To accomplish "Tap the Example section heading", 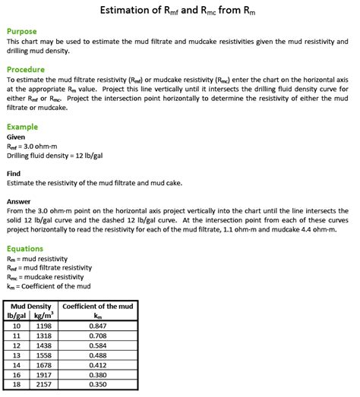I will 24,127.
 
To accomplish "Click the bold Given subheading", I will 16,137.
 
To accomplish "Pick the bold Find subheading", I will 14,173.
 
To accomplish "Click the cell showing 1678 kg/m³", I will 44,365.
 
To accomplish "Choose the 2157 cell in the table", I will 44,385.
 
